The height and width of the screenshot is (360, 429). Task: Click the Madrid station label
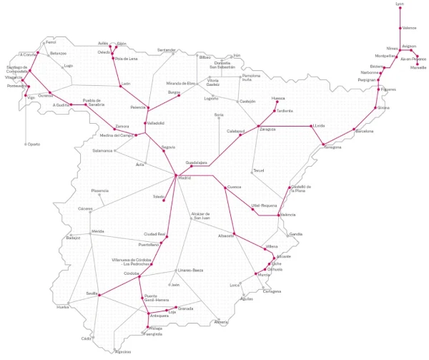pos(184,177)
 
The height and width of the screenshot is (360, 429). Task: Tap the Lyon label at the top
pos(400,4)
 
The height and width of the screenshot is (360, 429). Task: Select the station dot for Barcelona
pos(355,130)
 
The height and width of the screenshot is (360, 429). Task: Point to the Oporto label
pos(34,144)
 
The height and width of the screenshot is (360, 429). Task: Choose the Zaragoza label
pos(267,130)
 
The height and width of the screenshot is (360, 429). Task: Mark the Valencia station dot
pos(280,215)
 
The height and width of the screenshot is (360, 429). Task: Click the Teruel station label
pos(258,170)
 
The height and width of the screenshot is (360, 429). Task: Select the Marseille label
pos(418,67)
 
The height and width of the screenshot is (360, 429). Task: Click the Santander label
pos(166,50)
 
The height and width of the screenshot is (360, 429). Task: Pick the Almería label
pos(221,322)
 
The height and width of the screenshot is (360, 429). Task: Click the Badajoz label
pos(73,238)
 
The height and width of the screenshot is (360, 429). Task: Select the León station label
pos(126,84)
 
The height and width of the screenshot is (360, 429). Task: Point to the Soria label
pos(219,115)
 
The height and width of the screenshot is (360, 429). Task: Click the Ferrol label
pos(51,42)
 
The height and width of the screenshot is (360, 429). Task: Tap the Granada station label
pos(185,308)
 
